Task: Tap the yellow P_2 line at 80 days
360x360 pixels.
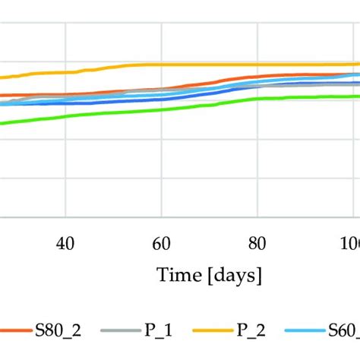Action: (x=257, y=65)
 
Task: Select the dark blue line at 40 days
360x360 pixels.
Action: (x=66, y=103)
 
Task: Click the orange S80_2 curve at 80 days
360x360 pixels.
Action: (x=257, y=76)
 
